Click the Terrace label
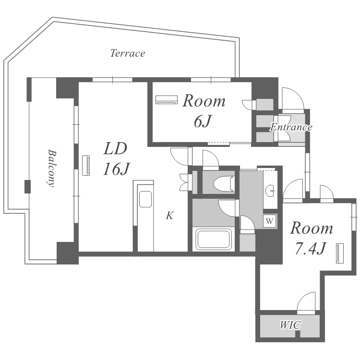128,53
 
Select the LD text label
115,148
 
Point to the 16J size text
117,169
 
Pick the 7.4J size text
311,249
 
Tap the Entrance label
291,127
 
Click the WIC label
290,325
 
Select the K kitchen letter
169,216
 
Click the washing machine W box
270,221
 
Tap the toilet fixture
224,183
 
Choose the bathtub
213,240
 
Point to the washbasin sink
270,191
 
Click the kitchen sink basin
145,199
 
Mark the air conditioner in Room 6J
167,100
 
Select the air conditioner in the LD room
86,166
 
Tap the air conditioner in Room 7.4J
339,253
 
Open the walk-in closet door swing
306,303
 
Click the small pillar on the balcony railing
27,187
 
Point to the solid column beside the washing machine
269,246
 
